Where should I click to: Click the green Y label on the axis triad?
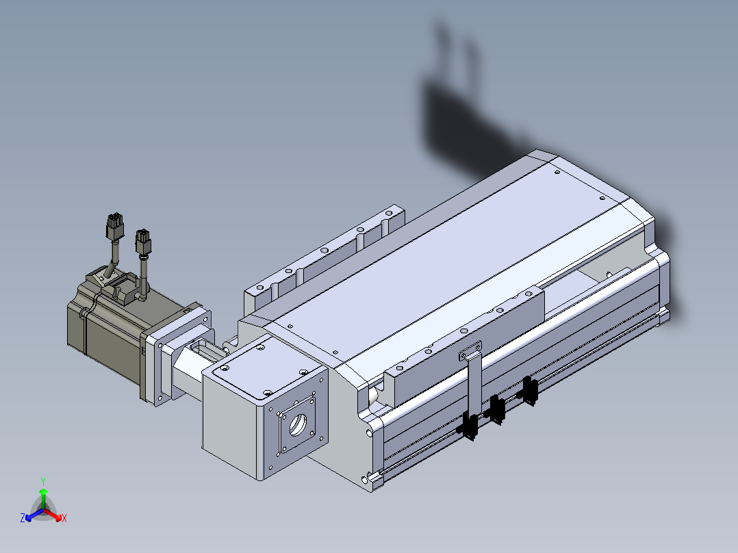point(43,481)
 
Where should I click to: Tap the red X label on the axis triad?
point(64,518)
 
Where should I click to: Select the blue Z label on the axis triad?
point(23,517)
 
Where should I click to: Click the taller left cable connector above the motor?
point(114,227)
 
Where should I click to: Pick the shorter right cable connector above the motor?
point(143,242)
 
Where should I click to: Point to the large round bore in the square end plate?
point(297,424)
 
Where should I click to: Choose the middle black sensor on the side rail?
point(496,409)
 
